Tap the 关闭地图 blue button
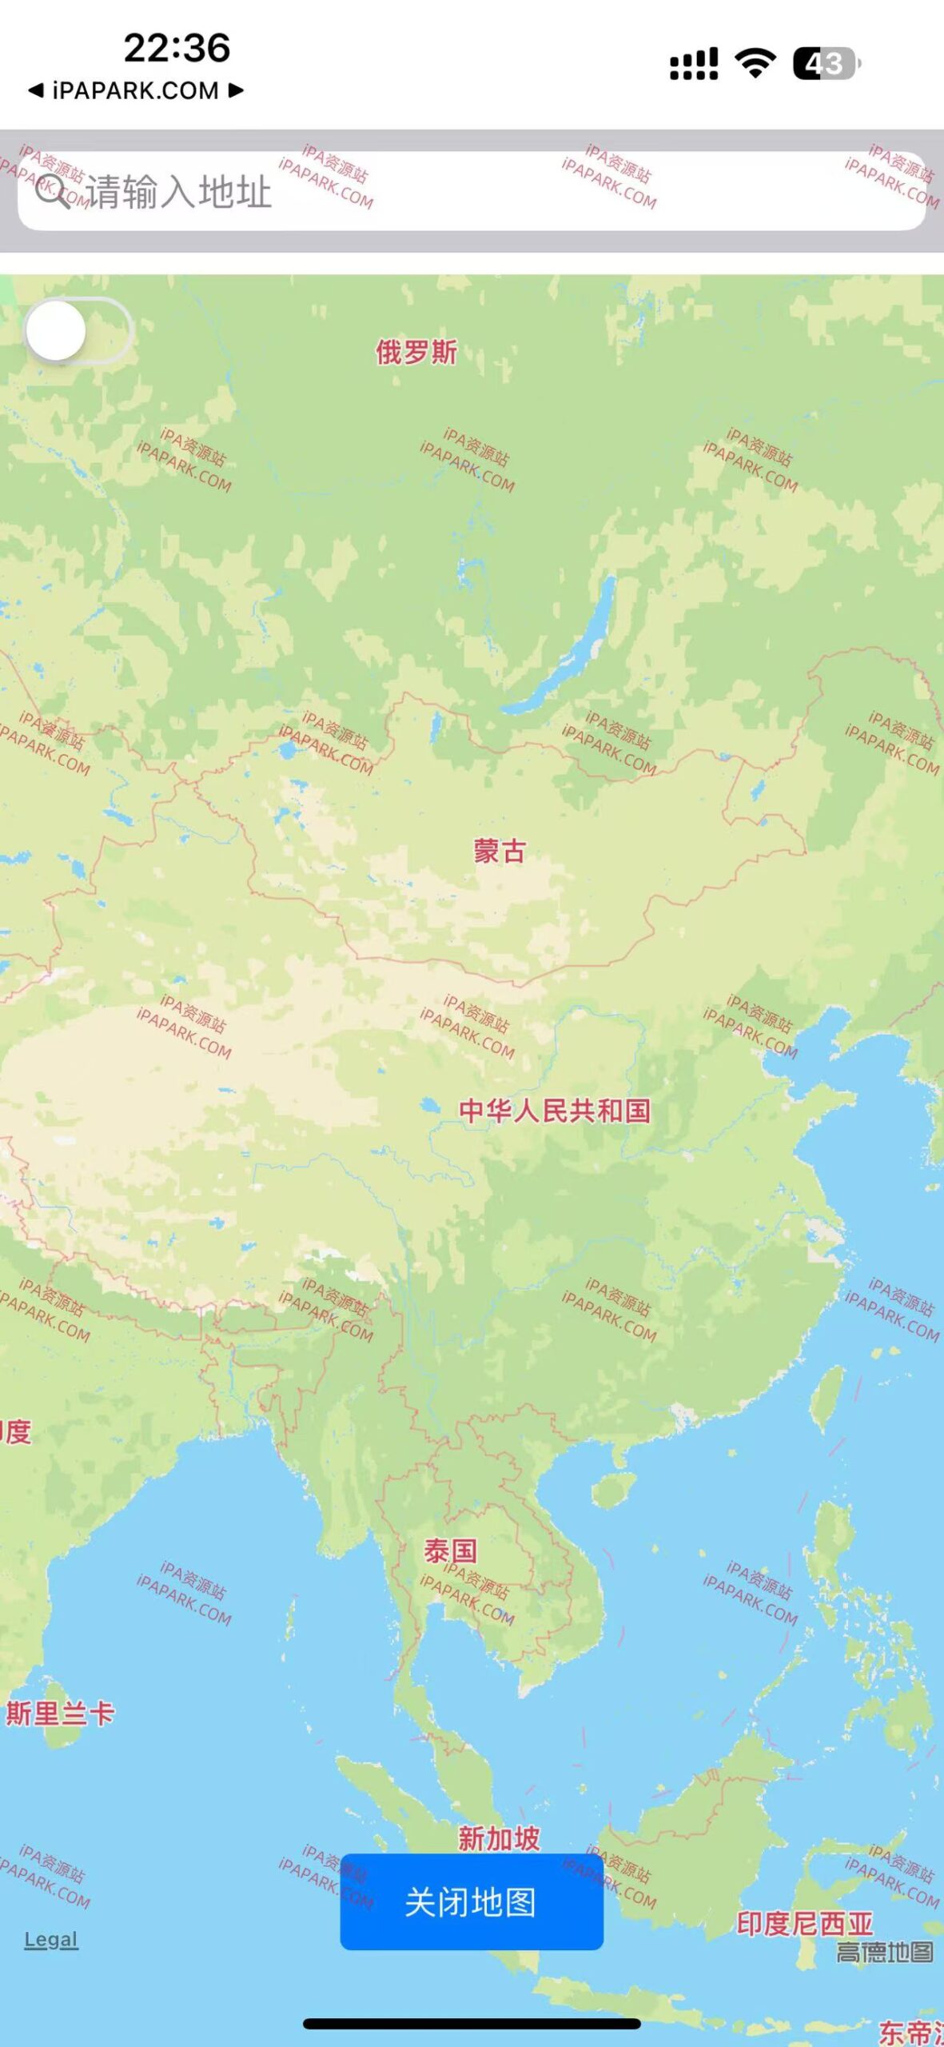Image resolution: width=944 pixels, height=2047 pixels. tap(472, 1902)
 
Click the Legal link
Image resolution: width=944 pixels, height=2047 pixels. tap(51, 1939)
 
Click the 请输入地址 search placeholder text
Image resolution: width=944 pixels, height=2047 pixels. tap(179, 192)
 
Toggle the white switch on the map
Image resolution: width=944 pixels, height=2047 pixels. tap(78, 331)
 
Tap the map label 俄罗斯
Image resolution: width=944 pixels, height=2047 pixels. tap(416, 352)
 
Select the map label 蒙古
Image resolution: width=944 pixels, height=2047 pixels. tap(500, 851)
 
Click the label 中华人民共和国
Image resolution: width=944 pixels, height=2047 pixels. tap(555, 1111)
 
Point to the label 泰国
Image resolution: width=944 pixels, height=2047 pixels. tap(451, 1551)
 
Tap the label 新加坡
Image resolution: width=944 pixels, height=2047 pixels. tap(499, 1838)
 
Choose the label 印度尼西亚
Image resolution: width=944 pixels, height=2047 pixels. tap(804, 1923)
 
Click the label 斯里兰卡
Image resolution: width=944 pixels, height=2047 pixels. tap(61, 1713)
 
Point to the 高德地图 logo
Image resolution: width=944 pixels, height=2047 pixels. tap(884, 1952)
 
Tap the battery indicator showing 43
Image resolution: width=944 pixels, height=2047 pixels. tap(826, 64)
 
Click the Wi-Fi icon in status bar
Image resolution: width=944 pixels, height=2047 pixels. tap(755, 63)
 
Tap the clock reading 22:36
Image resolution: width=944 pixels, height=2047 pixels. tap(177, 48)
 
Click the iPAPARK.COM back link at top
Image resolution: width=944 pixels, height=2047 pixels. tap(136, 90)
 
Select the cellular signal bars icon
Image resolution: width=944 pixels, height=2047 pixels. tap(693, 64)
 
